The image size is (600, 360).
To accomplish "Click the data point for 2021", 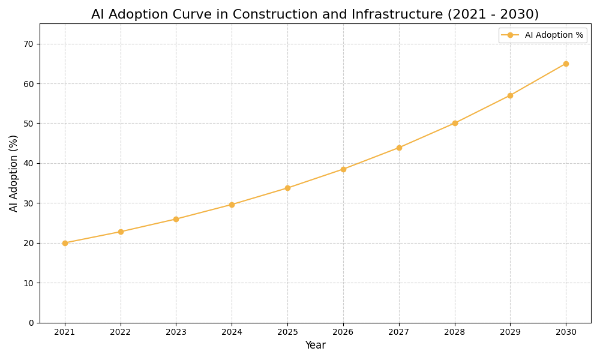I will click(65, 243).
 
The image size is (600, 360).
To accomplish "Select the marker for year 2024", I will click(232, 205).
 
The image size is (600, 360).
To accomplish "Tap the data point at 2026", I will click(343, 169).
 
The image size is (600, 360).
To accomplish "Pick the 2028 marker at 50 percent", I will click(455, 123).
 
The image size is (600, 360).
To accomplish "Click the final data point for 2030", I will click(566, 64).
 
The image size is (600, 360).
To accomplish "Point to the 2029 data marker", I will click(510, 95).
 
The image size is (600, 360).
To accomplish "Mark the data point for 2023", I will click(176, 219).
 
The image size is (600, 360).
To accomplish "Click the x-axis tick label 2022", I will click(121, 332).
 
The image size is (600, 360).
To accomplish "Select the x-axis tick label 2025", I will click(287, 332).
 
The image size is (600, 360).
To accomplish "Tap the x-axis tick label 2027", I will click(399, 332).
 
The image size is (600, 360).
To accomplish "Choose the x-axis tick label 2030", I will click(566, 332).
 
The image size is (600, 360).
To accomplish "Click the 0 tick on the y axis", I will click(31, 323).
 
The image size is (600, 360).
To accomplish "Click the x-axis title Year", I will click(315, 346).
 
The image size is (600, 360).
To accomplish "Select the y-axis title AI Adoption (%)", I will click(14, 173).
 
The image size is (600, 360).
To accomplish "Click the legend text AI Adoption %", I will click(554, 35).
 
